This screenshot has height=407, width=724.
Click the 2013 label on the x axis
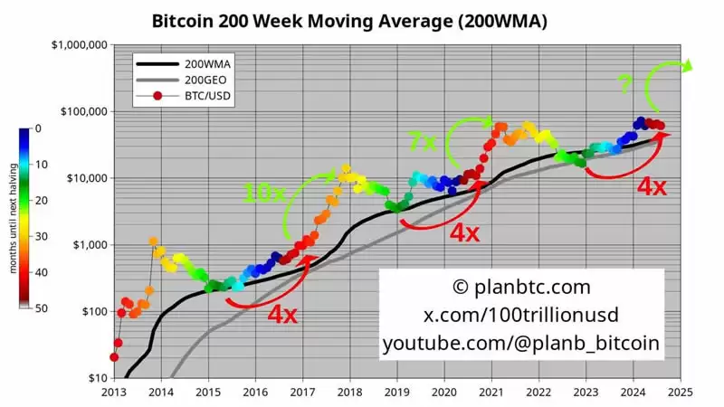tap(113, 392)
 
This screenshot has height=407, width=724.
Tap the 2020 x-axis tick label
tap(443, 392)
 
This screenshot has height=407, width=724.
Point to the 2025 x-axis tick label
tap(680, 392)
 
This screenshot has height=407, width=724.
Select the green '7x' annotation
tap(423, 142)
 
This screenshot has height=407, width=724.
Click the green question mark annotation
tap(624, 84)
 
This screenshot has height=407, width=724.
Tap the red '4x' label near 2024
tap(653, 186)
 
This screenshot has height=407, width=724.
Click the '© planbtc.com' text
tap(520, 288)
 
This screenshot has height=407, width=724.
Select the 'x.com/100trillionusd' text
tap(520, 315)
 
